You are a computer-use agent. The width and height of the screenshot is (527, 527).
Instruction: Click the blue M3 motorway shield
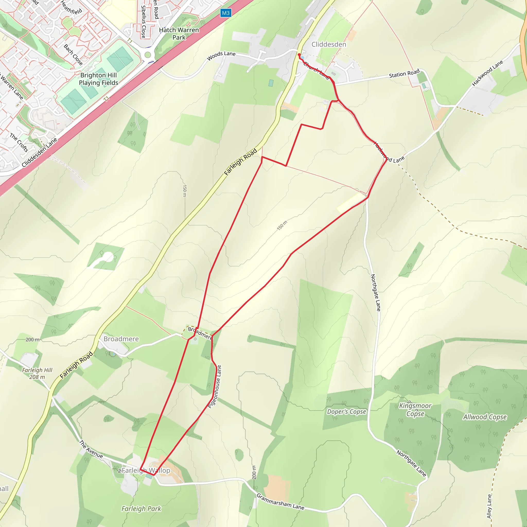pyautogui.click(x=226, y=13)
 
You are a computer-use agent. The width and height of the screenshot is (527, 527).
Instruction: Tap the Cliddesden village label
pyautogui.click(x=329, y=45)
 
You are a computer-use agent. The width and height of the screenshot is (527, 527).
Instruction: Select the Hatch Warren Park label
pyautogui.click(x=179, y=33)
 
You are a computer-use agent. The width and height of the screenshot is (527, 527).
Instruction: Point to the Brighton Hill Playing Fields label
pyautogui.click(x=99, y=79)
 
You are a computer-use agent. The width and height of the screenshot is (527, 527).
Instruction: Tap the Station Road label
pyautogui.click(x=404, y=74)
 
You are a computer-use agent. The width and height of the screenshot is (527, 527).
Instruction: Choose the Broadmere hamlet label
pyautogui.click(x=121, y=339)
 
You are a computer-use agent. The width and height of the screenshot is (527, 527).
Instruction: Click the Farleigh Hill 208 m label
pyautogui.click(x=37, y=373)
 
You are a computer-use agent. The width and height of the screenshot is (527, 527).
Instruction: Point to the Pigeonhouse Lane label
pyautogui.click(x=215, y=387)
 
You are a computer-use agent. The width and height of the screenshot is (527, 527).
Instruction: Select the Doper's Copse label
pyautogui.click(x=346, y=412)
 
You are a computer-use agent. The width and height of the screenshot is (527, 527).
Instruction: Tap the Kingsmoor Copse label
pyautogui.click(x=415, y=410)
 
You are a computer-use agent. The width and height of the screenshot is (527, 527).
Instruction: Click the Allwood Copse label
pyautogui.click(x=485, y=417)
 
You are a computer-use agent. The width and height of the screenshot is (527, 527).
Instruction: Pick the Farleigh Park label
pyautogui.click(x=141, y=509)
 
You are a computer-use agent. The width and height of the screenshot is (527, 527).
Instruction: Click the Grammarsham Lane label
pyautogui.click(x=280, y=502)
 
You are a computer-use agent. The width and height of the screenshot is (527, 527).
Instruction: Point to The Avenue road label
pyautogui.click(x=91, y=449)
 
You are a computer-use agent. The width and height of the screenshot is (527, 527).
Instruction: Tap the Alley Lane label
pyautogui.click(x=489, y=506)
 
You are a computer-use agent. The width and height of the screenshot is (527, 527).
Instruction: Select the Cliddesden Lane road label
pyautogui.click(x=40, y=152)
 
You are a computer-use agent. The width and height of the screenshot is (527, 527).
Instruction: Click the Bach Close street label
pyautogui.click(x=73, y=55)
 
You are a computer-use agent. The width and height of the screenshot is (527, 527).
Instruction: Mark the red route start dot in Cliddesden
pyautogui.click(x=299, y=55)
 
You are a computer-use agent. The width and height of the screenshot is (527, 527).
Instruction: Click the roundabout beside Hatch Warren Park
pyautogui.click(x=147, y=55)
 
